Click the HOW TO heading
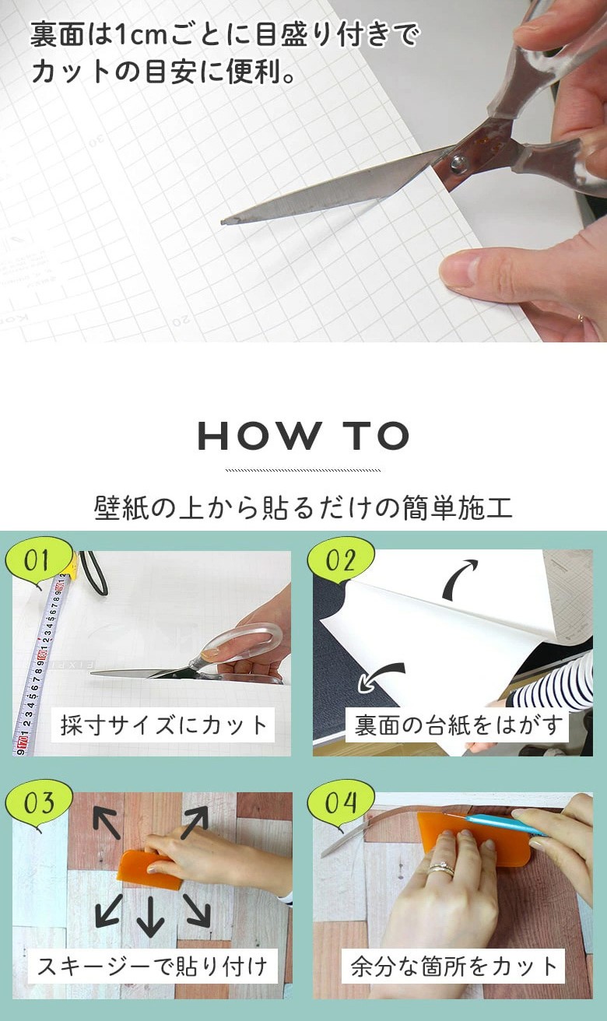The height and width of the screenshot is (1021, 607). click(x=303, y=436)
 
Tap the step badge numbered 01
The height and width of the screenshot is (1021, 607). click(x=38, y=560)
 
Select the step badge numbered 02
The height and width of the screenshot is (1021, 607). click(x=340, y=560)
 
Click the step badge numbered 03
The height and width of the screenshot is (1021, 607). click(x=38, y=803)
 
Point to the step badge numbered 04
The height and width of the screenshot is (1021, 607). click(x=340, y=803)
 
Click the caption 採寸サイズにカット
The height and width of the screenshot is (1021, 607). click(x=163, y=725)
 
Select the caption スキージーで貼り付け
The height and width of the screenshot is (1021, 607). click(x=153, y=966)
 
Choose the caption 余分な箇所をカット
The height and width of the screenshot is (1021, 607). click(x=453, y=966)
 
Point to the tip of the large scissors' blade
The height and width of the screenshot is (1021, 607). click(x=223, y=222)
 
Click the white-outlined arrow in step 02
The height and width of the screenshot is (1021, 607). click(x=381, y=676)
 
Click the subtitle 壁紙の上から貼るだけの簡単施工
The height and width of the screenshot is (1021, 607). click(x=303, y=507)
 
